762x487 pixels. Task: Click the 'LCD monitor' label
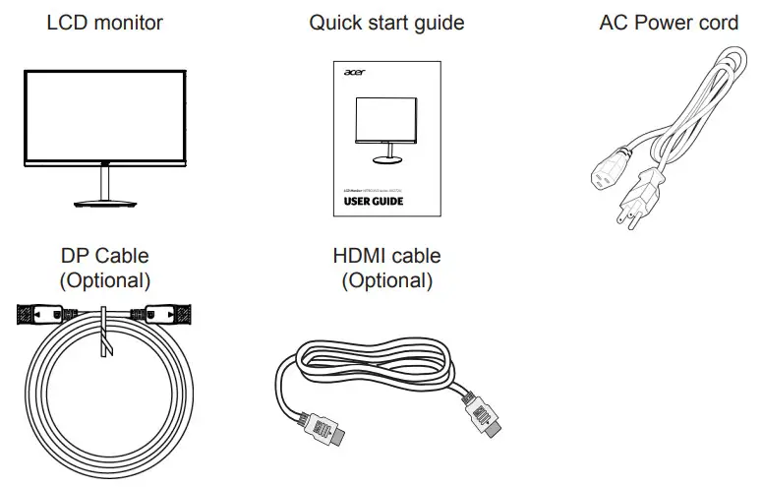point(105,22)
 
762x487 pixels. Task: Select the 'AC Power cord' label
point(668,22)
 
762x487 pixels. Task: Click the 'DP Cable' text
point(105,257)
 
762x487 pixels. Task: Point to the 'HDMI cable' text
point(386,257)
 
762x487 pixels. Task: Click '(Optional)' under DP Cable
point(105,280)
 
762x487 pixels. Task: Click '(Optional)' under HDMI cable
point(386,280)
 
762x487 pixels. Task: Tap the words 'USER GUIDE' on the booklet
point(373,202)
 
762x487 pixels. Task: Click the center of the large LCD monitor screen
point(105,113)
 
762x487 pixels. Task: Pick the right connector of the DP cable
point(165,317)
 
